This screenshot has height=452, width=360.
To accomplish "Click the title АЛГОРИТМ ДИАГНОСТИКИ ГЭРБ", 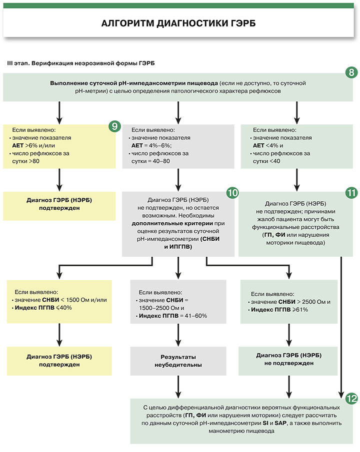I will [179, 23].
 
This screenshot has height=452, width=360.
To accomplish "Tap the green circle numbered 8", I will [351, 72].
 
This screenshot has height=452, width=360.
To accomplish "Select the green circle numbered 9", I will [114, 125].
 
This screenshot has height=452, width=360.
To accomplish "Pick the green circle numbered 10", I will [232, 192].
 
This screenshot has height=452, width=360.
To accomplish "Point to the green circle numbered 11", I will [351, 192].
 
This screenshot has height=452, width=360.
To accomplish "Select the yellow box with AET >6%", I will [59, 145].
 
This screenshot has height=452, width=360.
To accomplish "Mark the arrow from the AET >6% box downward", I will [59, 179].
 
